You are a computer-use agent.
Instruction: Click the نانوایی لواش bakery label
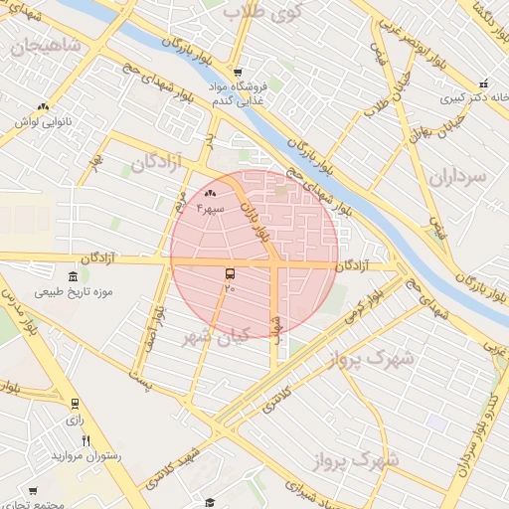click(x=40, y=121)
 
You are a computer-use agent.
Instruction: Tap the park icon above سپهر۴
click(x=210, y=194)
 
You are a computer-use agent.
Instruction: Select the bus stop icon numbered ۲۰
click(x=231, y=273)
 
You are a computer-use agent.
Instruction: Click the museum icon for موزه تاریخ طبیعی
click(x=72, y=276)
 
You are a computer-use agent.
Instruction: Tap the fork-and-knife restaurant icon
click(x=86, y=440)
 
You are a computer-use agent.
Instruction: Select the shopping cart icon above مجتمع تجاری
click(x=33, y=491)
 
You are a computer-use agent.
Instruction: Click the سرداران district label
click(x=459, y=176)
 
